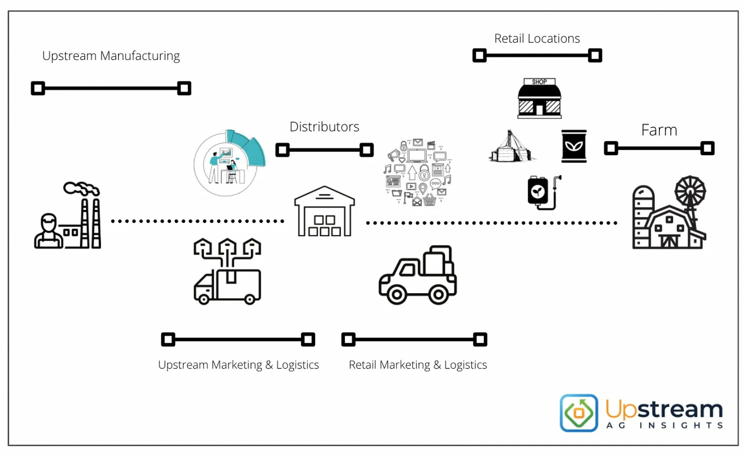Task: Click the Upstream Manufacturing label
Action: (x=111, y=56)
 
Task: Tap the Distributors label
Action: (x=324, y=127)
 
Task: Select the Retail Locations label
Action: (x=537, y=39)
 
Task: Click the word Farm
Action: (x=659, y=130)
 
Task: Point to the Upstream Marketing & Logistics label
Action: (x=238, y=365)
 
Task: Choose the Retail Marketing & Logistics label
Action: (x=418, y=365)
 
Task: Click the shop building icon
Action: (x=539, y=99)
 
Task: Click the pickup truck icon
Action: (x=418, y=276)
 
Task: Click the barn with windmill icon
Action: (x=669, y=214)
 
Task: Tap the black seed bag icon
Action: (x=574, y=146)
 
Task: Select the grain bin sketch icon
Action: (x=511, y=147)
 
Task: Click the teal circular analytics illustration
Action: (x=229, y=163)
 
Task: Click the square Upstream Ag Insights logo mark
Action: (x=579, y=413)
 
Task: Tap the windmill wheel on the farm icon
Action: (x=690, y=191)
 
